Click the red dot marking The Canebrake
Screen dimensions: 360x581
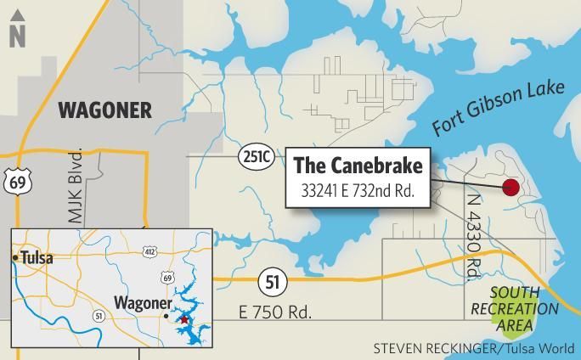510,188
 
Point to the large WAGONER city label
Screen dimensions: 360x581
104,110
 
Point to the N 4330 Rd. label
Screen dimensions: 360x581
472,233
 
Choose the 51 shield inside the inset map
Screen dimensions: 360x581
99,316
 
